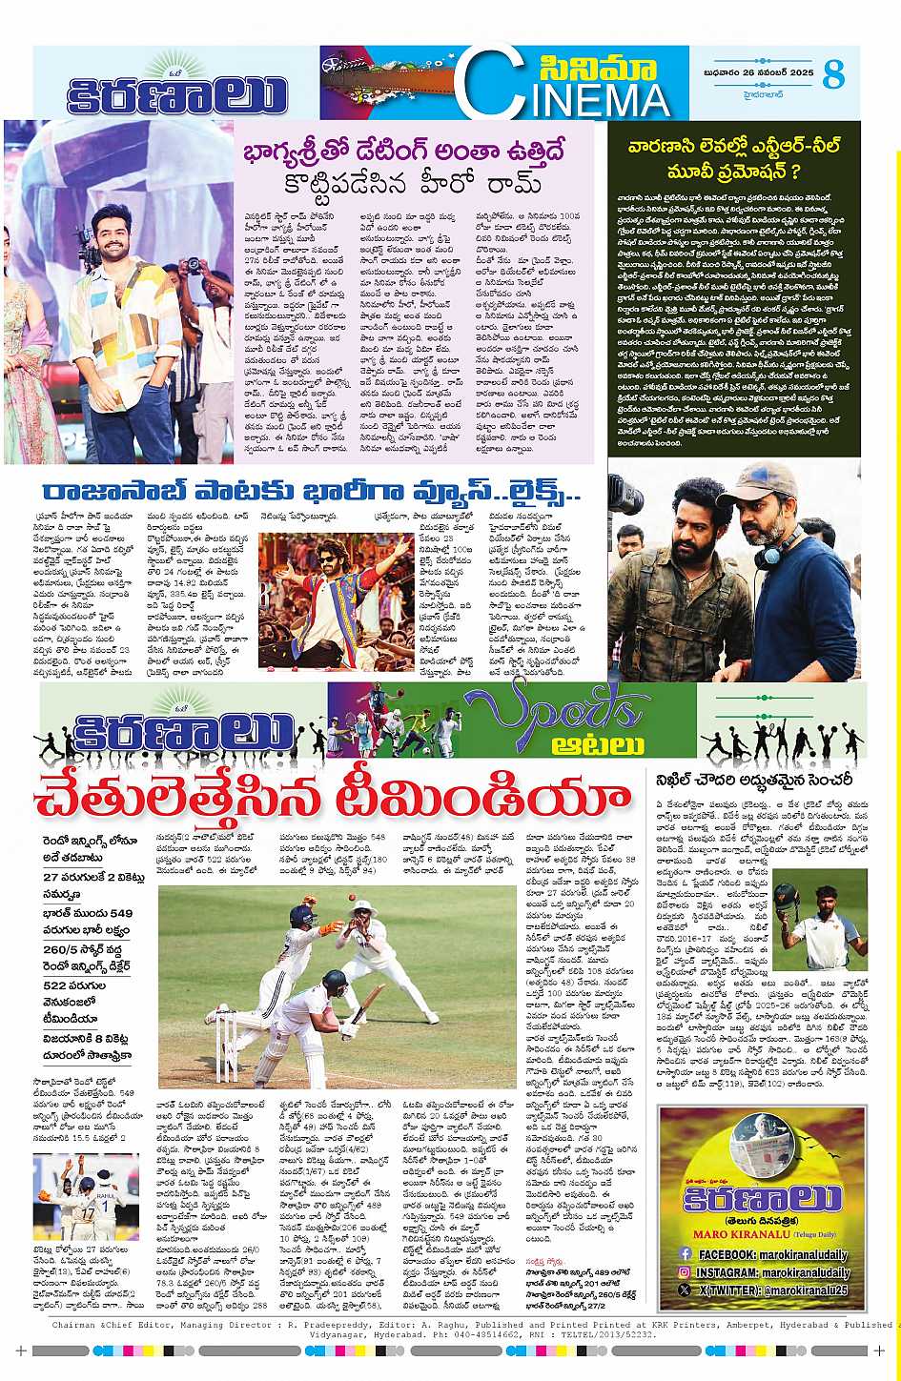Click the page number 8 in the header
pyautogui.click(x=833, y=74)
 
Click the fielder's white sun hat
pyautogui.click(x=367, y=905)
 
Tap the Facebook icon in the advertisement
pyautogui.click(x=684, y=1254)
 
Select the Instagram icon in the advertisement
pyautogui.click(x=684, y=1271)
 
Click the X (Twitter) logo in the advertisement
pyautogui.click(x=684, y=1289)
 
